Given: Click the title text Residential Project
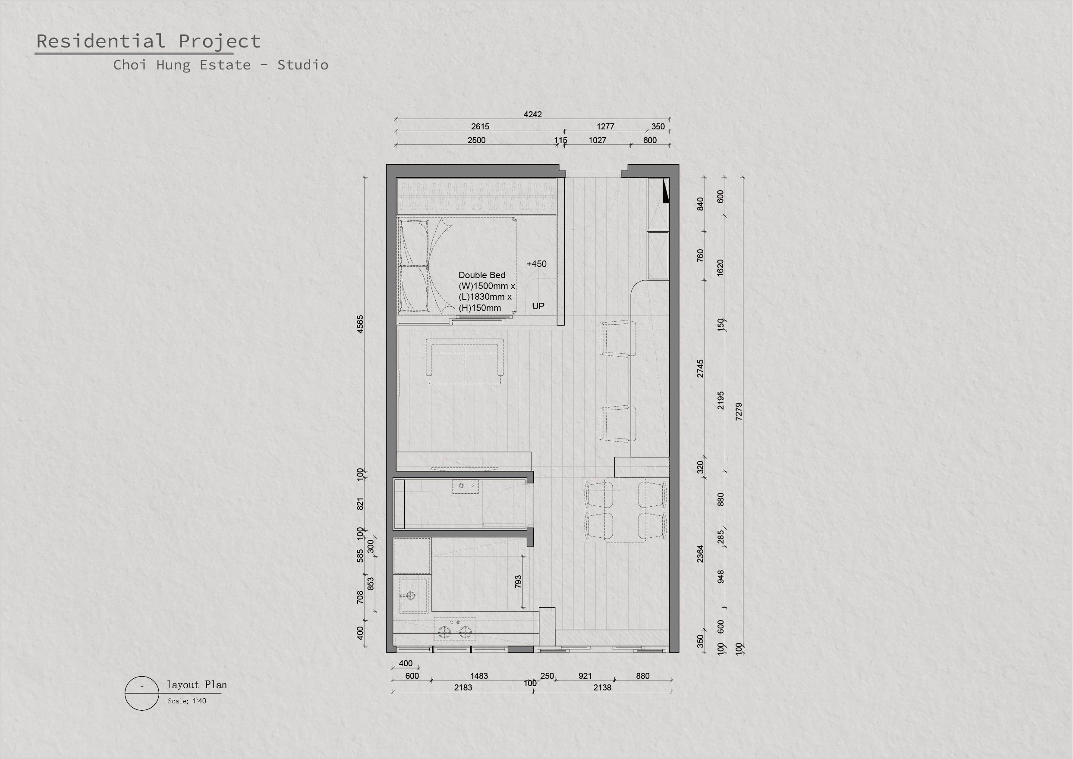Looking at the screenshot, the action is [148, 41].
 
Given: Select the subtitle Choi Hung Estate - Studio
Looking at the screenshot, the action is [220, 65].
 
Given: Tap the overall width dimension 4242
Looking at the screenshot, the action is [532, 115].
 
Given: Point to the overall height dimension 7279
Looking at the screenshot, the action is [739, 411].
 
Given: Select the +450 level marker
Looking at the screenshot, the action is [536, 263].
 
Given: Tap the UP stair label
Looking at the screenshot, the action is [538, 306].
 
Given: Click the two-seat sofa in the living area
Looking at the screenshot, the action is [465, 361].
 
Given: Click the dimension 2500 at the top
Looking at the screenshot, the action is [476, 140].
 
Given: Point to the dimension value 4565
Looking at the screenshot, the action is [360, 324].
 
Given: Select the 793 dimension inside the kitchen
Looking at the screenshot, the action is [518, 582].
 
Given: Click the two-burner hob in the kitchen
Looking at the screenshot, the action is [455, 629].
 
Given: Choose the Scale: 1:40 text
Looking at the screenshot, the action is [187, 701].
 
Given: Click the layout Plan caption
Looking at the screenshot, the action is [197, 685].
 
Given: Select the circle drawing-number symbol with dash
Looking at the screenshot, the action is [142, 693].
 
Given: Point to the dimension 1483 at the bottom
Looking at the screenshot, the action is [479, 676].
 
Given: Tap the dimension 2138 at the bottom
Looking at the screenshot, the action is [602, 687].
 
